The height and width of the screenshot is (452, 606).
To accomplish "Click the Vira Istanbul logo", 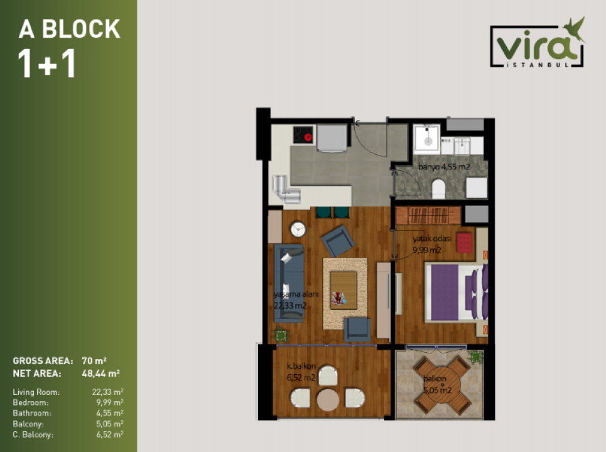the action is click(538, 43).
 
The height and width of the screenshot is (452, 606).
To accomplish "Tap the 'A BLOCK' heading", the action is click(70, 29).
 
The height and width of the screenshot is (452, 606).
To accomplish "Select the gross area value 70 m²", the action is click(94, 361).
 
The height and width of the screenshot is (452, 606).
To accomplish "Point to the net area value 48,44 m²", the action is click(100, 374).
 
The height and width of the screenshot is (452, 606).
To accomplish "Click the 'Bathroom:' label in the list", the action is click(31, 413).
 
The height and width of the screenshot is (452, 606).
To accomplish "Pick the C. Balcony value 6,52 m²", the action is click(110, 434).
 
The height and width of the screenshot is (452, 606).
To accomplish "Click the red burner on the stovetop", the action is click(308, 137).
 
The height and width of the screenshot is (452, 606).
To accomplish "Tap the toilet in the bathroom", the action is click(438, 188).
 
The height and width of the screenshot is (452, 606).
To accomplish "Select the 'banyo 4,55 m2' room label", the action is click(444, 167).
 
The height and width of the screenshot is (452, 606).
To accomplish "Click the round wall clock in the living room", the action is click(298, 229).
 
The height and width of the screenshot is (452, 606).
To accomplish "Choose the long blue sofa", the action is click(289, 282).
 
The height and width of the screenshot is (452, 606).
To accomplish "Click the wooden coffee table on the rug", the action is click(344, 290).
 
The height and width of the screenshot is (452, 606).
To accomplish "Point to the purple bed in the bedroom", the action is click(456, 293).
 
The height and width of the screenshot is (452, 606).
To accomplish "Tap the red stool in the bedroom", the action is click(464, 242).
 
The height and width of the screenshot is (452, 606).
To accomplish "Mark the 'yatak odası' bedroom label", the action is click(431, 239).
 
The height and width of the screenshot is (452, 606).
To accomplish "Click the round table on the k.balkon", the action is click(328, 399).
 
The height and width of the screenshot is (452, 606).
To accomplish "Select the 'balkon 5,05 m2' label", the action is click(437, 384).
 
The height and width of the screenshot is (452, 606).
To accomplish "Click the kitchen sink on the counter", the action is click(286, 190).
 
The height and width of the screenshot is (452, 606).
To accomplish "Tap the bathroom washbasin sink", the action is click(427, 138).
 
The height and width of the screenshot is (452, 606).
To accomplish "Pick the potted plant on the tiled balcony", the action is click(475, 357).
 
